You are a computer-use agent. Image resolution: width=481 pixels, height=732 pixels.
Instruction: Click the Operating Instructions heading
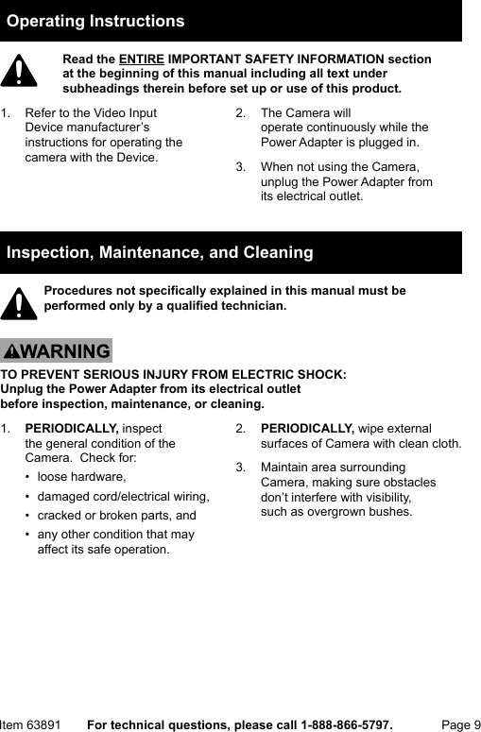[95, 21]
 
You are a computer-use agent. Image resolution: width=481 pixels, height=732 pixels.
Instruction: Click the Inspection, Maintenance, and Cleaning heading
[160, 252]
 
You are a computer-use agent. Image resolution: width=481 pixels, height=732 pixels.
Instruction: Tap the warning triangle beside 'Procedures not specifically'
[19, 302]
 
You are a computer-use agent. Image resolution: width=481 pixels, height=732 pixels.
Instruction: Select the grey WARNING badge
[57, 351]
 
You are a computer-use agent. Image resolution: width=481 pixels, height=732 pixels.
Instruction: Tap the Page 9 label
[461, 724]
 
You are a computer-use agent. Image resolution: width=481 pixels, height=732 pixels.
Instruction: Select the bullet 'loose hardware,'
[81, 476]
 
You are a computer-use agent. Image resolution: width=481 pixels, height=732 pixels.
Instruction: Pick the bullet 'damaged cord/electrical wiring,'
[123, 496]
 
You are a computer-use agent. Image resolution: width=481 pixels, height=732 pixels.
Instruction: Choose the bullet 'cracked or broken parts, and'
[116, 516]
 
